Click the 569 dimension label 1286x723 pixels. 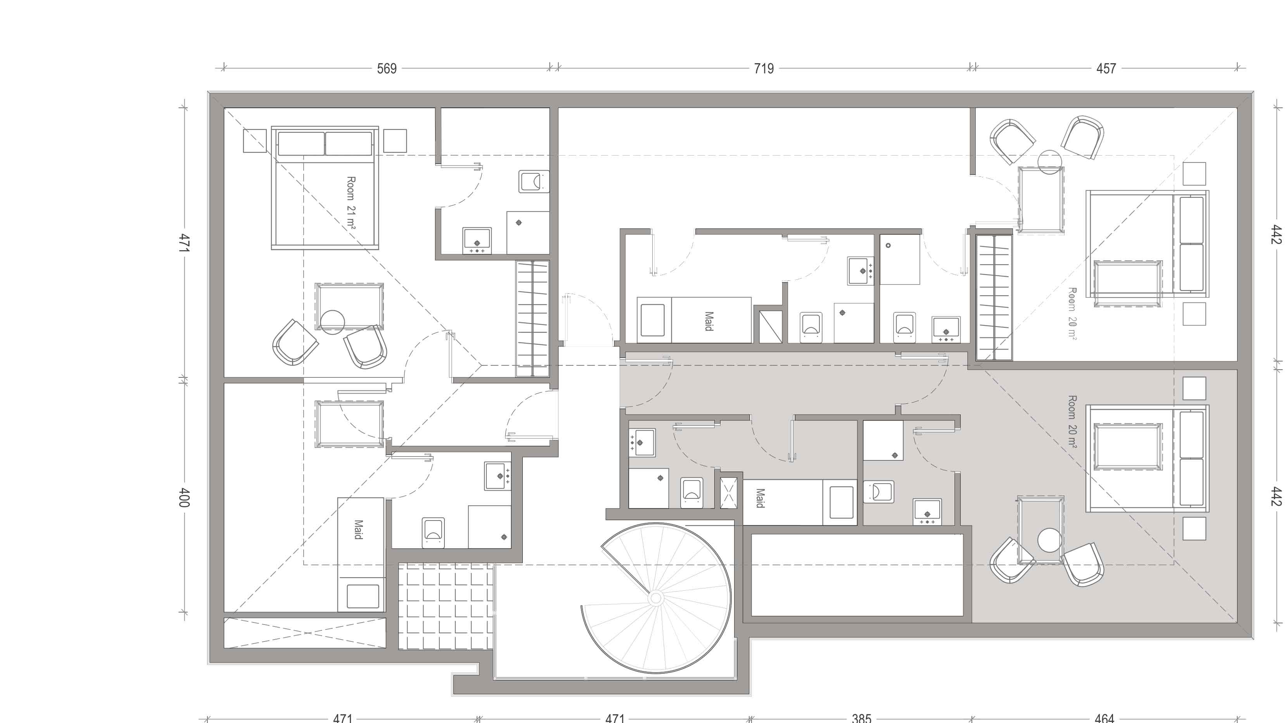point(387,68)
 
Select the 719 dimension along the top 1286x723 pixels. point(764,68)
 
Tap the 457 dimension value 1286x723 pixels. point(1106,68)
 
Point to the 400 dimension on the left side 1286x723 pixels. point(184,497)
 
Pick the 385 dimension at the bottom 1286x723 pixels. point(861,718)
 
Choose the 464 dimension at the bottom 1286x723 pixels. point(1104,718)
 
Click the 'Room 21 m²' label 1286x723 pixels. point(351,202)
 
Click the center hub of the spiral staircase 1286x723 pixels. point(655,598)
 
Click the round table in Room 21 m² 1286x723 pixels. point(332,322)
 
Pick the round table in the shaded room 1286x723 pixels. point(1049,540)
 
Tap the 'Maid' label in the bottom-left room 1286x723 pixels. point(358,529)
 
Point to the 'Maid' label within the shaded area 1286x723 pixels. point(760,498)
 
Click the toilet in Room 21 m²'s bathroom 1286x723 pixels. point(534,181)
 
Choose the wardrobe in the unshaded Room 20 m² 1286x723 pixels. point(994,297)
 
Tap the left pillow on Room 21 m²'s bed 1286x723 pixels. point(301,143)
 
